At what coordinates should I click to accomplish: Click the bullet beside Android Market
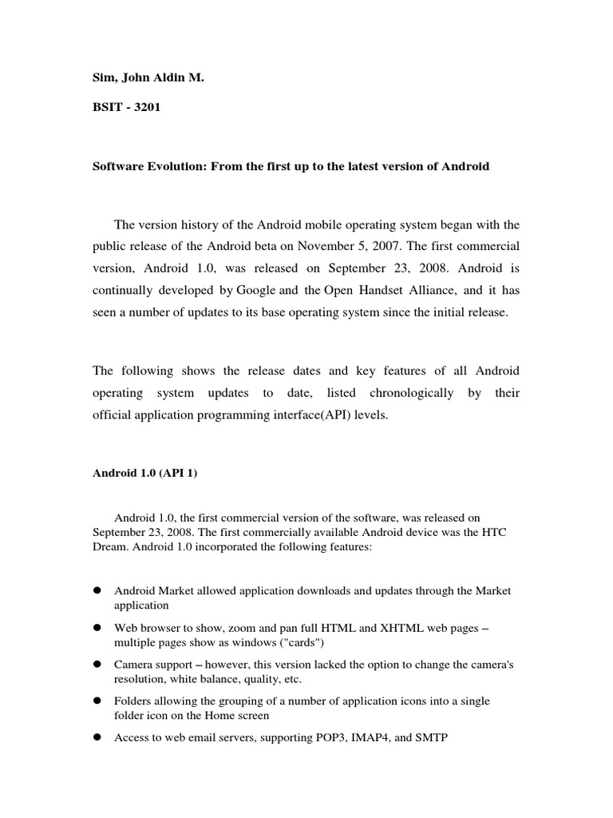click(97, 590)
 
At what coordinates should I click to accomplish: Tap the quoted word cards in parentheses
click(295, 643)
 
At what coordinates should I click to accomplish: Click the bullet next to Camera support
click(97, 665)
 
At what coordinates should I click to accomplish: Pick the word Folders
click(133, 701)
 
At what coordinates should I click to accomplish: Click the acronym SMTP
click(430, 738)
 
